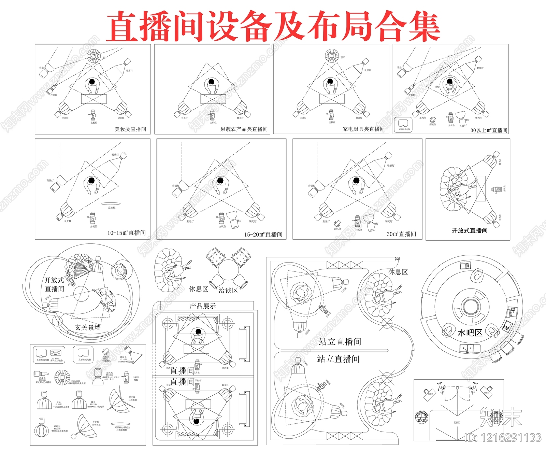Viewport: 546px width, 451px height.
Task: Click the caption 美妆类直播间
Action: tap(130, 129)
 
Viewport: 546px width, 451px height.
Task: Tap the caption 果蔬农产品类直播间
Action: tap(244, 129)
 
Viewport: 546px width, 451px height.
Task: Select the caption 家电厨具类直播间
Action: tap(363, 129)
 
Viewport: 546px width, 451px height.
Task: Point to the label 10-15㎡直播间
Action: tap(126, 233)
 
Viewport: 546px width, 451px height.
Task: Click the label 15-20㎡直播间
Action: tap(263, 235)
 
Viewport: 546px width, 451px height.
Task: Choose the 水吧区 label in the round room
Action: tap(470, 333)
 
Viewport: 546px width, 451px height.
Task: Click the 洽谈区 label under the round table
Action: tap(228, 291)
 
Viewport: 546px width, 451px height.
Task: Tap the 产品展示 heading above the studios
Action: tap(203, 306)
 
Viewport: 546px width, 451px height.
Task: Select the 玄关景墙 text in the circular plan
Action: tap(88, 328)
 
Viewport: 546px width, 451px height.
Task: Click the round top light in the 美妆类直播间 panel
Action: tap(94, 56)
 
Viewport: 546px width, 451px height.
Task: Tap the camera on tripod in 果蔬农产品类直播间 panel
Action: tap(212, 115)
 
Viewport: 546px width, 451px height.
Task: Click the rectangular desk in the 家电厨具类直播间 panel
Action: tap(332, 99)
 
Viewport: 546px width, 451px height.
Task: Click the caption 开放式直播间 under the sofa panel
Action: tap(470, 230)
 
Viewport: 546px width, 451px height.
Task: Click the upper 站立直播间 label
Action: tap(340, 341)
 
